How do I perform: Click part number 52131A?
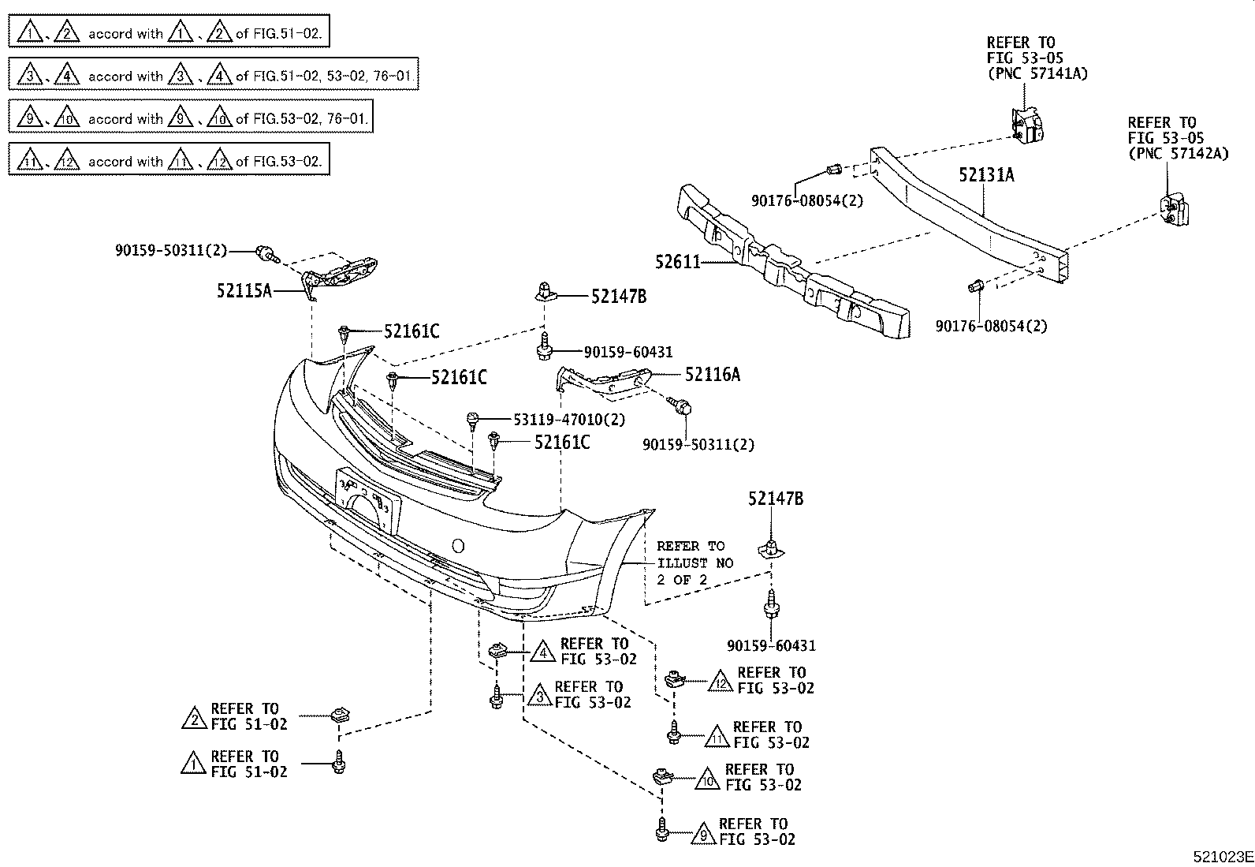pos(986,175)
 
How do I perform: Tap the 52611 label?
pos(678,262)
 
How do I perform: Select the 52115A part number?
pos(244,291)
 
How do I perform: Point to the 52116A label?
pos(713,375)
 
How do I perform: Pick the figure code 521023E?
pos(1222,857)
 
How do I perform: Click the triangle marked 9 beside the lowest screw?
pos(702,831)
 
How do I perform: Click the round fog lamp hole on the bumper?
pos(457,545)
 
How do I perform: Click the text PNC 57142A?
pos(1179,154)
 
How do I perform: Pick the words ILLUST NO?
pos(695,563)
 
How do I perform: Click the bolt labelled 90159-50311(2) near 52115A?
pos(268,253)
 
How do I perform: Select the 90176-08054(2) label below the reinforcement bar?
pos(992,326)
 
